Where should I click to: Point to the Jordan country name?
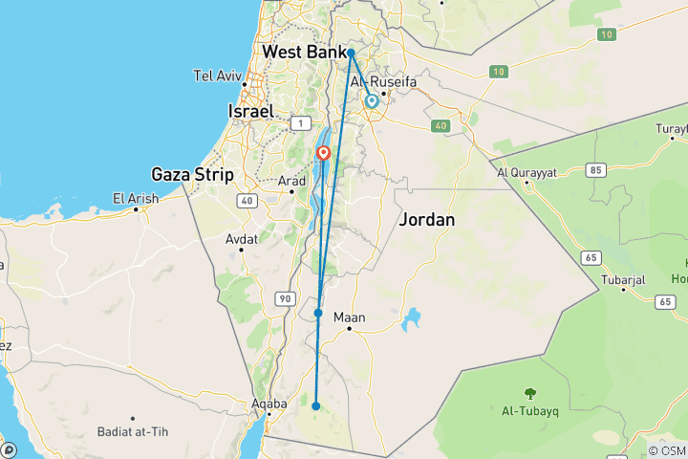[x=426, y=219]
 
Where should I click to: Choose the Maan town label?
[x=351, y=317]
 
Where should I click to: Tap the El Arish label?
[x=133, y=198]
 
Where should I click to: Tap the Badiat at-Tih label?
[x=132, y=432]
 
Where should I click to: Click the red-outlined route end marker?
[x=324, y=152]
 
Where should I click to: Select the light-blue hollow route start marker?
[x=371, y=100]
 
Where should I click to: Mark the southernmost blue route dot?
[x=315, y=406]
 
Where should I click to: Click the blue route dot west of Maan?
[x=318, y=313]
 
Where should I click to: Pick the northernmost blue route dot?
[x=351, y=53]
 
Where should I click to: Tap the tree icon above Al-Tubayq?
[x=528, y=392]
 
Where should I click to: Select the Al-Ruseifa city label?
[x=384, y=83]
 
